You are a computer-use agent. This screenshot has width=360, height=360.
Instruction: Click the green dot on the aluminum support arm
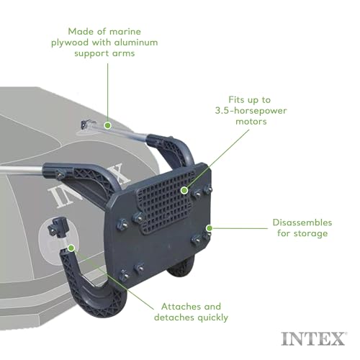[107, 125]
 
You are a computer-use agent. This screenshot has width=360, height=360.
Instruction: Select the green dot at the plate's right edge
[208, 228]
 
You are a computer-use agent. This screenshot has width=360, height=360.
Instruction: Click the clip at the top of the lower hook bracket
[55, 229]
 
